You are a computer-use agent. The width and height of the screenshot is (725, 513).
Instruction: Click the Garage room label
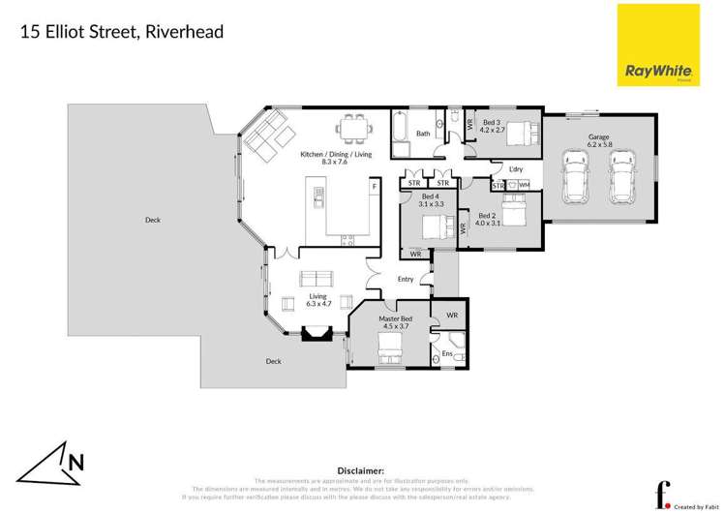598,138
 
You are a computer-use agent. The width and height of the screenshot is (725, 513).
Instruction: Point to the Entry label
406,280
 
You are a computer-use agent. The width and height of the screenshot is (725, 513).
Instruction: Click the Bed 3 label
492,123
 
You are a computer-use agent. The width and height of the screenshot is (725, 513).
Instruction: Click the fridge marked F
374,184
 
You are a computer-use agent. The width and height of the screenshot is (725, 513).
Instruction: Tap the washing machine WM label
526,185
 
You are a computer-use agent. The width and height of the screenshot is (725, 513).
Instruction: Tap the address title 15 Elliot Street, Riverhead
123,32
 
